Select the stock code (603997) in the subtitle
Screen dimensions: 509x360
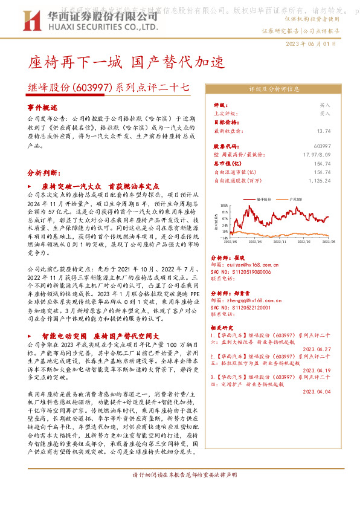click(x=91, y=87)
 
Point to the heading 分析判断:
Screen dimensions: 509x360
click(x=43, y=172)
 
